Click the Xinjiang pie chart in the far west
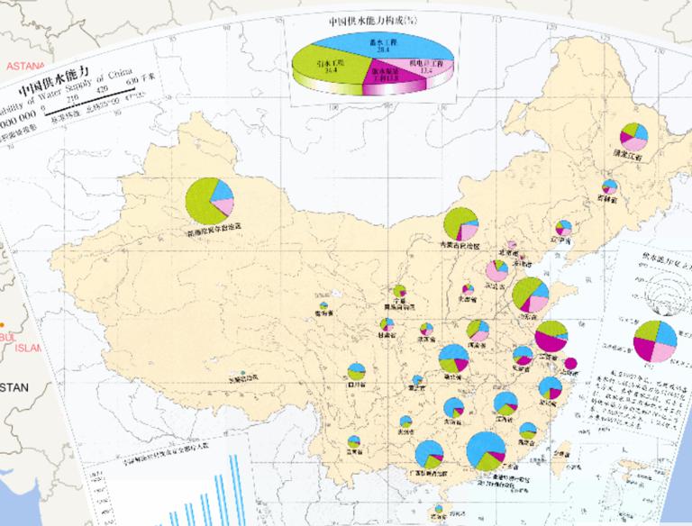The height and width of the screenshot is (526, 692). click(x=209, y=201)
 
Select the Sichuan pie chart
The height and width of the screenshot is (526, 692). click(x=357, y=371)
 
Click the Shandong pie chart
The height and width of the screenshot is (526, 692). click(x=531, y=295)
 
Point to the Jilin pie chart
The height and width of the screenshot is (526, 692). click(x=610, y=187)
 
